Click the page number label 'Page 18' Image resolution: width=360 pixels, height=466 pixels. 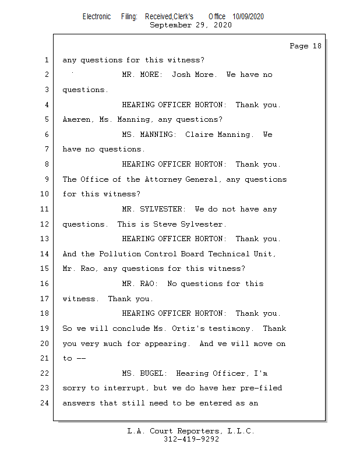point(305,46)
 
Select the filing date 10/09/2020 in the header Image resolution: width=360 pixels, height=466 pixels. point(248,17)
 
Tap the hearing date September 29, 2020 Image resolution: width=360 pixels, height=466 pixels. point(190,25)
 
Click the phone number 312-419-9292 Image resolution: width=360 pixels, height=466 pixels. point(191,439)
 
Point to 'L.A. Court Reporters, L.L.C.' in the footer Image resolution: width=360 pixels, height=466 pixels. point(191,431)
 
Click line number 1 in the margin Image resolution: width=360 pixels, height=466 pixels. point(46,60)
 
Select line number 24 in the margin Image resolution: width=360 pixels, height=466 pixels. point(45,403)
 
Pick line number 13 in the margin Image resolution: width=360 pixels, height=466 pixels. point(45,239)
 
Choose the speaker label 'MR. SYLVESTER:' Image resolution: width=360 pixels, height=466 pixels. point(153,209)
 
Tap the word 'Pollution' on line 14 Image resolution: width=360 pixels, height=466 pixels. point(122,254)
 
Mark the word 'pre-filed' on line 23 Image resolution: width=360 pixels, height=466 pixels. point(262,388)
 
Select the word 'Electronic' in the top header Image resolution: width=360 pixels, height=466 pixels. point(97,17)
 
